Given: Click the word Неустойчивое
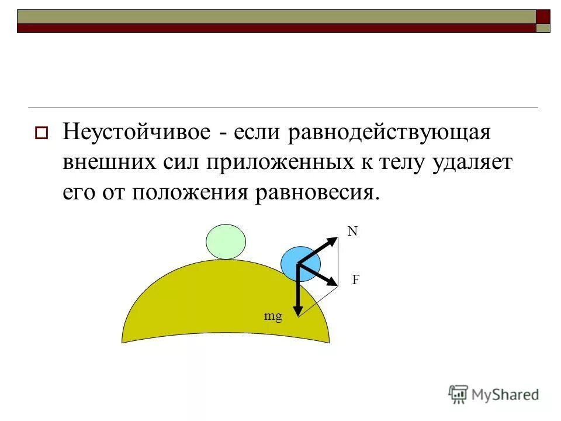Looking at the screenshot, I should pos(137,132).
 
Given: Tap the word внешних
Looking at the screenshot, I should pos(108,162).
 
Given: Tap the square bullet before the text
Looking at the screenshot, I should pos(41,133).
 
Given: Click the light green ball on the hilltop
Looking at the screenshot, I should pos(226,241).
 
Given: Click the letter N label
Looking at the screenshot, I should pos(352,232).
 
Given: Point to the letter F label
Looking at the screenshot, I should pos(355,280).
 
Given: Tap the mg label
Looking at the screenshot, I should pos(273,316).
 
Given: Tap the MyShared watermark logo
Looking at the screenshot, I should pos(494,394).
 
